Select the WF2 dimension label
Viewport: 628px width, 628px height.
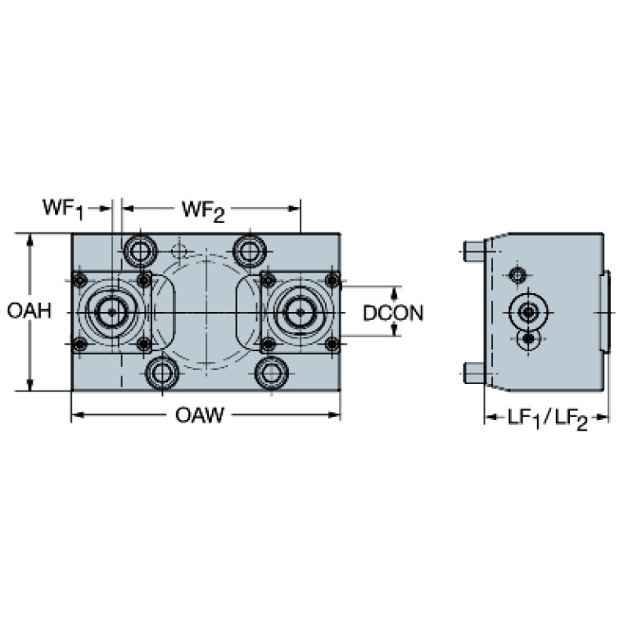pos(202,210)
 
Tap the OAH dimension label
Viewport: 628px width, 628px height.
pos(29,311)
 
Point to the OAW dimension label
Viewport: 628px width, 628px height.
pos(200,416)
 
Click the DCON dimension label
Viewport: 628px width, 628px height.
pos(394,312)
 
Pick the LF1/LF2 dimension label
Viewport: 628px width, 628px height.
pos(547,418)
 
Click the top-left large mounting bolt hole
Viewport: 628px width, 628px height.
pos(139,247)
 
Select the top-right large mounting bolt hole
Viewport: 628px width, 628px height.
pos(249,247)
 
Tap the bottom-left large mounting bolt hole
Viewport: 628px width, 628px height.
pos(160,373)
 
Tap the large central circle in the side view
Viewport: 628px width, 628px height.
pos(529,311)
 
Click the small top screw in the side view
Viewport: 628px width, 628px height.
pos(517,273)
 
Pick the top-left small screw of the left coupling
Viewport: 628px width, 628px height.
pos(79,281)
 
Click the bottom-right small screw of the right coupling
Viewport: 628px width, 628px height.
pos(332,345)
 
